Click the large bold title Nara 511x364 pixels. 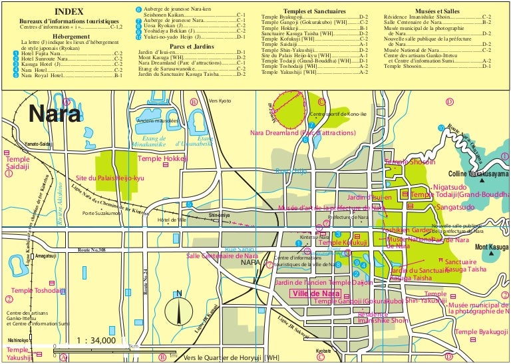(55, 113)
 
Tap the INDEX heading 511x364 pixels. (69, 12)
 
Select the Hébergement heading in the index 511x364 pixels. (69, 37)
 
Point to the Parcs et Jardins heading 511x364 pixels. (190, 46)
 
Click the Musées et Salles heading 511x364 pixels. (437, 11)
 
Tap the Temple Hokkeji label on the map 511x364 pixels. (162, 159)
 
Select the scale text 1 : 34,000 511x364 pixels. (96, 341)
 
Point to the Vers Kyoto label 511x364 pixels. (220, 100)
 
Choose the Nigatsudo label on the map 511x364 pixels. (450, 188)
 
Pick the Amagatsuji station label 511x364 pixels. (45, 256)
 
